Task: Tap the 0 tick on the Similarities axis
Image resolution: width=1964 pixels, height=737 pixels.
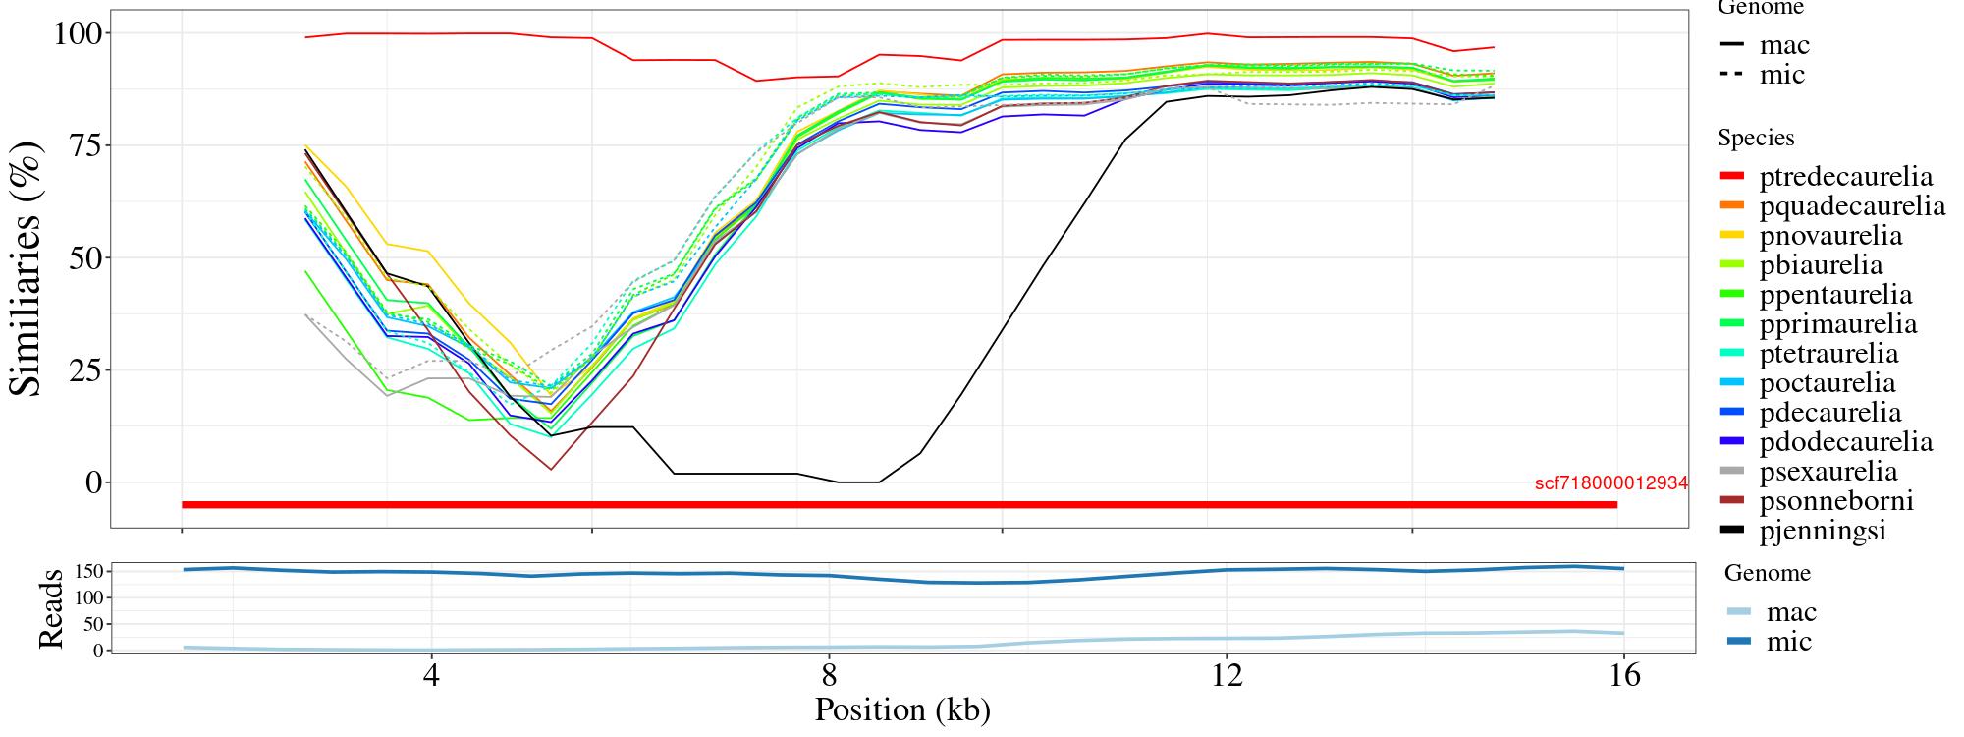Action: pos(94,482)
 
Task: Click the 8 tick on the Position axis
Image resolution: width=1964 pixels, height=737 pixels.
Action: pos(829,676)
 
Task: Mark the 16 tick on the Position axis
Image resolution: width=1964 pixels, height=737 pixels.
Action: pos(1624,676)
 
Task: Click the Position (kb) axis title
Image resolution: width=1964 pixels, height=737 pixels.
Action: pos(902,709)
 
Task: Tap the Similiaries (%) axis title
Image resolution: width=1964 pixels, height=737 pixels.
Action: pos(27,268)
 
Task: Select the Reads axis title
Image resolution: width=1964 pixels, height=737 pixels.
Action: pos(51,608)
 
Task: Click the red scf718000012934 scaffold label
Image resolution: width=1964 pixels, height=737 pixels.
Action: pos(1610,483)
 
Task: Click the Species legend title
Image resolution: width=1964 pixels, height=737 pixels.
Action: pos(1756,139)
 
